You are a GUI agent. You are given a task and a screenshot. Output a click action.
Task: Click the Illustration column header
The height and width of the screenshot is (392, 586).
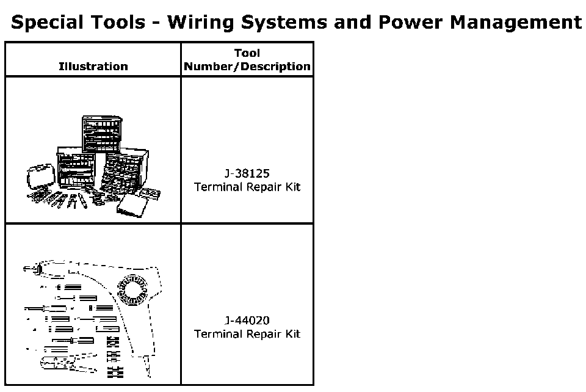93,67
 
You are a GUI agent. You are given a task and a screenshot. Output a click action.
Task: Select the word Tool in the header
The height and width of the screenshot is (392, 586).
247,53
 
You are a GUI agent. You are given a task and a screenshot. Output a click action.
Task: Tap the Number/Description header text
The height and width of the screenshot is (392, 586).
247,67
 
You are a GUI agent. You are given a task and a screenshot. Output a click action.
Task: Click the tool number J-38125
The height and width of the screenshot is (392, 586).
247,174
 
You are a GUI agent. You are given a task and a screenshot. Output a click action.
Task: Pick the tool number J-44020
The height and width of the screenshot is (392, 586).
247,321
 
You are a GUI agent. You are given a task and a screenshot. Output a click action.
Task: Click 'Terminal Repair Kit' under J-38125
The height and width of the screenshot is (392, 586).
247,187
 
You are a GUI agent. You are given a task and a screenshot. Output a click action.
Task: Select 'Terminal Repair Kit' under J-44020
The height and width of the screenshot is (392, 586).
247,334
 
